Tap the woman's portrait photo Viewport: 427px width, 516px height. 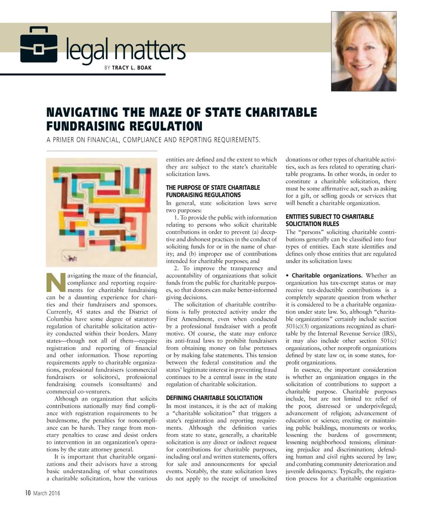click(363, 51)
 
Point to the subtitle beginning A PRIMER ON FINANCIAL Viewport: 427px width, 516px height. click(153, 140)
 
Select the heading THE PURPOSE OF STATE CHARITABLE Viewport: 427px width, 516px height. click(213, 188)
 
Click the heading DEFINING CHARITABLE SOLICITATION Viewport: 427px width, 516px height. click(214, 398)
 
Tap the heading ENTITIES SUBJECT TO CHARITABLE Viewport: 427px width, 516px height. click(329, 217)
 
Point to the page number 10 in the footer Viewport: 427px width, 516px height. click(28, 493)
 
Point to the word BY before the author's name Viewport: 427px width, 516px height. click(107, 68)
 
